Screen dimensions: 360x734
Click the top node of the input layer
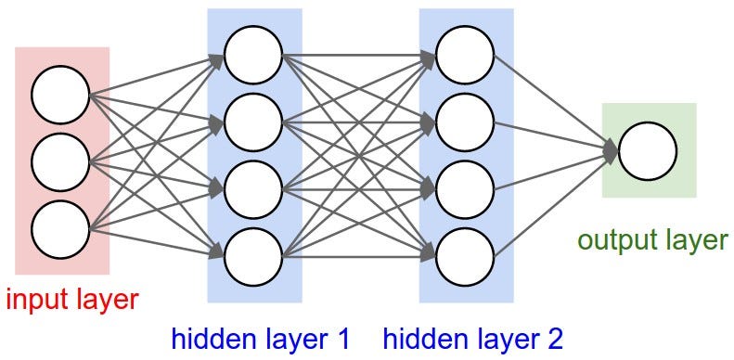(60, 95)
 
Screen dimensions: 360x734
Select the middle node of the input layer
(60, 161)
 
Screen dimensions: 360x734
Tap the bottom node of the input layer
(60, 228)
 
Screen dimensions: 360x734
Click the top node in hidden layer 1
(252, 55)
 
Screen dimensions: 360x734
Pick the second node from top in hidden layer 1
(252, 122)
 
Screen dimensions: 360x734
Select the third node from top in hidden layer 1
(252, 188)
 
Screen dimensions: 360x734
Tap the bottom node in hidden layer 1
(252, 255)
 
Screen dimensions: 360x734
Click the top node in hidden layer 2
(465, 55)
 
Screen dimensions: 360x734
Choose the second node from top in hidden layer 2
(465, 122)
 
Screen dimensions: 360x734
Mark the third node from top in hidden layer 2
(465, 188)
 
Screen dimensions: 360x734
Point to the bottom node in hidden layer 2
(465, 255)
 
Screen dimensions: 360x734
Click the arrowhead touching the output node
(611, 150)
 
